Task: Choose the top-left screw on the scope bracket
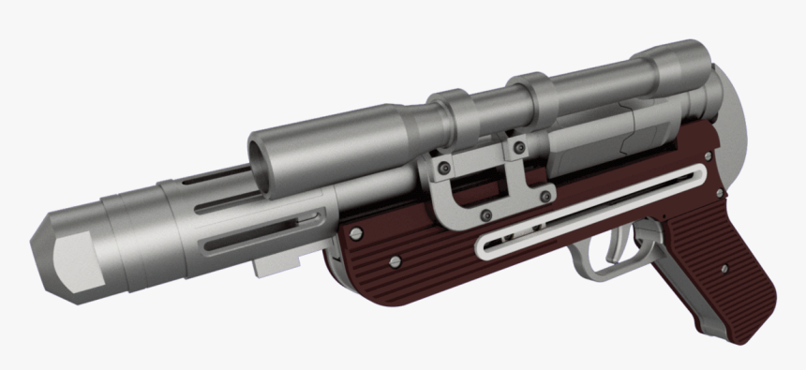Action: pyautogui.click(x=445, y=167)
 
